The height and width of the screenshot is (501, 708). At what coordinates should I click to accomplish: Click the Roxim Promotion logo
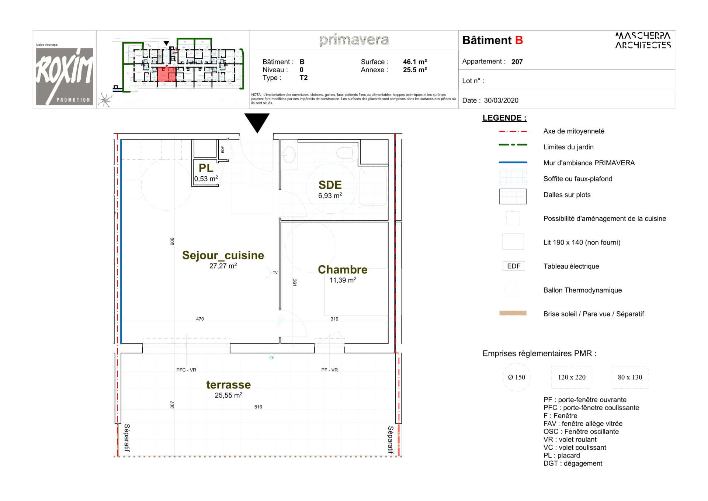(65, 76)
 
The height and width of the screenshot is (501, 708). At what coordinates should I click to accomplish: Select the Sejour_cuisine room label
(223, 255)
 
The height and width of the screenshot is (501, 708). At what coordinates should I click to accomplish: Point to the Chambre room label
(343, 270)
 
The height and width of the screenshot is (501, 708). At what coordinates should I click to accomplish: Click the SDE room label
(330, 185)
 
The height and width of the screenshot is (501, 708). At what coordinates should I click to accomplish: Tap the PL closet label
(206, 168)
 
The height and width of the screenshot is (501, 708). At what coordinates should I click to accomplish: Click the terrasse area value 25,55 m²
(229, 395)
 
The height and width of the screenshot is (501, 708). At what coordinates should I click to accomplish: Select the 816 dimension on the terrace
(258, 407)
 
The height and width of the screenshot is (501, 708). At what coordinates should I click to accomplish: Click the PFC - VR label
(186, 370)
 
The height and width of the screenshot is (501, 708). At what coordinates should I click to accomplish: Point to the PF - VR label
(329, 370)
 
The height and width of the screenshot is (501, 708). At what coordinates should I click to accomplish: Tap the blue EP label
(272, 358)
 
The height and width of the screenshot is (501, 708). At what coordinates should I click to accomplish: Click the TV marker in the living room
(275, 273)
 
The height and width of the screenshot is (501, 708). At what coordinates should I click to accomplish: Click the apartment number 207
(517, 62)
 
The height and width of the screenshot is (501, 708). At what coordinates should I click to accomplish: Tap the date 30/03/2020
(501, 100)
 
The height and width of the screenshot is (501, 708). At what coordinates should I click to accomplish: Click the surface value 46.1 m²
(415, 62)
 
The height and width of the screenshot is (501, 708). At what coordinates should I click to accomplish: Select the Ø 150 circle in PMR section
(516, 377)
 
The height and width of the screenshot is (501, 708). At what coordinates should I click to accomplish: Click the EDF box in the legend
(513, 266)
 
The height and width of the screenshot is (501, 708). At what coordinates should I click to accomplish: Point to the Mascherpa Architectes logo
(643, 40)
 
